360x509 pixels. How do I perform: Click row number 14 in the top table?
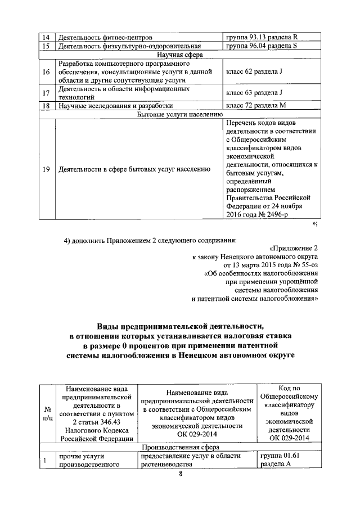pos(46,37)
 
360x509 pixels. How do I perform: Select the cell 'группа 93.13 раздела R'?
pos(261,37)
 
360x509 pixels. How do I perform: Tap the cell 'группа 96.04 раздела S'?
pos(261,46)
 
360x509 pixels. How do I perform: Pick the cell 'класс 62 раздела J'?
pos(254,73)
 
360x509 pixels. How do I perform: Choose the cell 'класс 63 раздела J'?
pos(254,93)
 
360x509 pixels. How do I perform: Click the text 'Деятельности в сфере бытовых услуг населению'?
pos(134,169)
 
